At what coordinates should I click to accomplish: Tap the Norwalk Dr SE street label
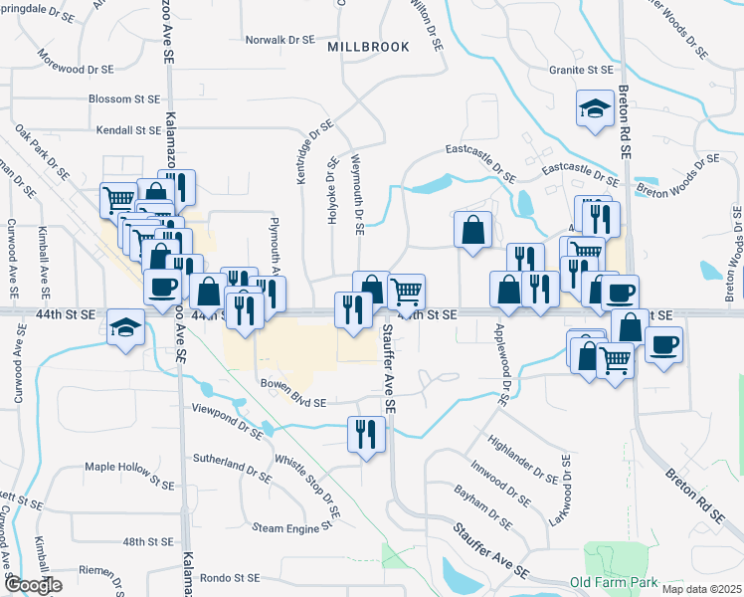tap(279, 41)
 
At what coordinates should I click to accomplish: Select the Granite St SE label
tap(582, 71)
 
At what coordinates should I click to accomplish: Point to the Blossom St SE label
tap(124, 99)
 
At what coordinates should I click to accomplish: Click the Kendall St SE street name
tap(128, 130)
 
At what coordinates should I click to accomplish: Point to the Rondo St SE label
tap(229, 577)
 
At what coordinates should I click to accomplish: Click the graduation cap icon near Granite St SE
tap(595, 108)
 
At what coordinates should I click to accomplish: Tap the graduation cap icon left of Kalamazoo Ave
tap(126, 326)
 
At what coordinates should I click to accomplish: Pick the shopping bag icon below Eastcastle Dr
tap(472, 229)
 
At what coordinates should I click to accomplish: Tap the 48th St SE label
tap(148, 542)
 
